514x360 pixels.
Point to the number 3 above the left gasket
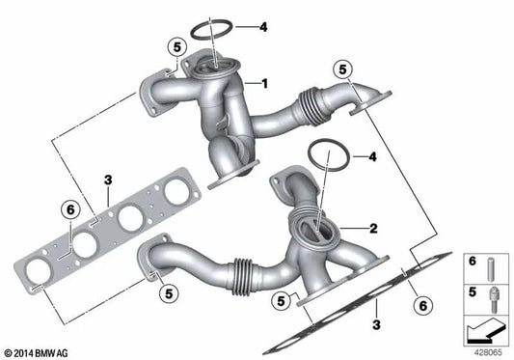click(x=109, y=179)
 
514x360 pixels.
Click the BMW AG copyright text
click(x=39, y=351)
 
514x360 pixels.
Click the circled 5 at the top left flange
click(x=175, y=46)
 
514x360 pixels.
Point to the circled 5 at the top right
click(x=338, y=69)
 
